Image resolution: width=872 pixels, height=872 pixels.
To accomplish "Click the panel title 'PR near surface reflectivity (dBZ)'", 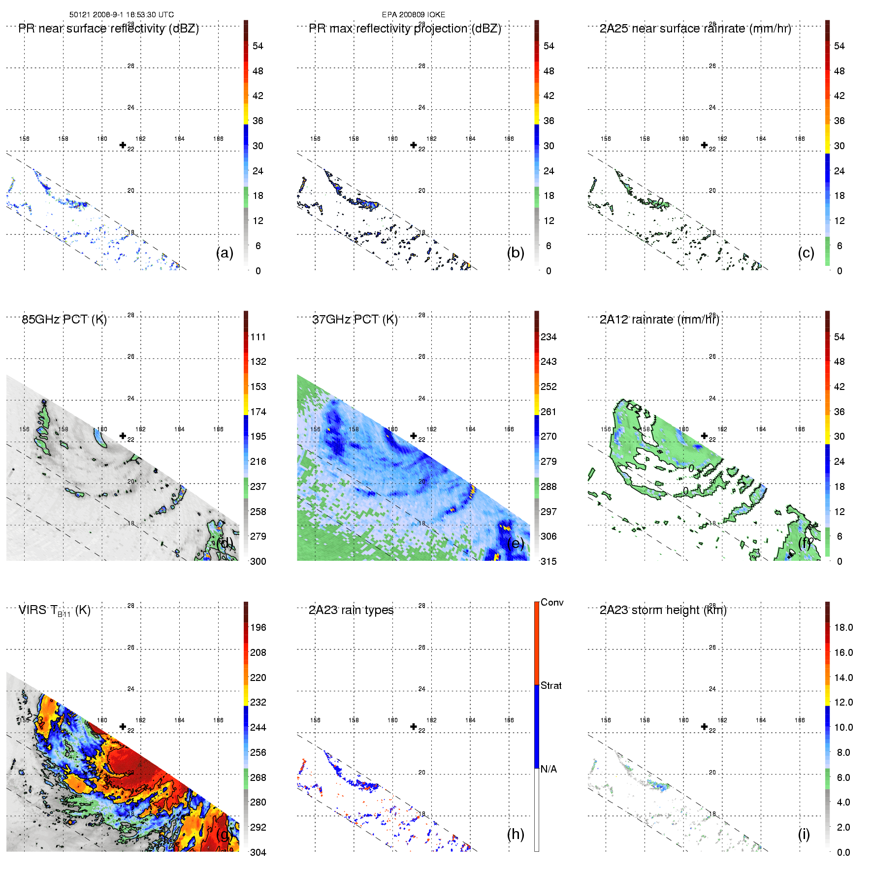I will tap(108, 29).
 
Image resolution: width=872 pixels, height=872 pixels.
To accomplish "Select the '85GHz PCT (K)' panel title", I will tap(64, 320).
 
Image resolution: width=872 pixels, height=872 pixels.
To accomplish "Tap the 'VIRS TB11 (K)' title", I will tap(54, 611).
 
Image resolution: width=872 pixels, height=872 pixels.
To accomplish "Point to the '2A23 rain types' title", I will tap(351, 611).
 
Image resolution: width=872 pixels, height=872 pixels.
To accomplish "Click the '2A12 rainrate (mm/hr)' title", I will tap(659, 320).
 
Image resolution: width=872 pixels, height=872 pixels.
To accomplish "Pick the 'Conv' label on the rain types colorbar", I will tap(552, 603).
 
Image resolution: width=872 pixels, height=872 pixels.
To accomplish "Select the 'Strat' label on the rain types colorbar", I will tap(551, 686).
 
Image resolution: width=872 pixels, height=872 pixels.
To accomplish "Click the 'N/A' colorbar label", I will tap(549, 769).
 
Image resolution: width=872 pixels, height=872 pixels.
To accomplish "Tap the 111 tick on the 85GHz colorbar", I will tap(258, 337).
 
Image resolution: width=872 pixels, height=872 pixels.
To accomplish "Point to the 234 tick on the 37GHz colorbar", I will tap(549, 337).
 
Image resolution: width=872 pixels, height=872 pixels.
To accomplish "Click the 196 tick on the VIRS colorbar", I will tap(258, 628).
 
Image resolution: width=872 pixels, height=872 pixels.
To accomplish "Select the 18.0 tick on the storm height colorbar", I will tap(843, 628).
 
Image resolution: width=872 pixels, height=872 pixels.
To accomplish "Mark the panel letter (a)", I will tap(225, 253).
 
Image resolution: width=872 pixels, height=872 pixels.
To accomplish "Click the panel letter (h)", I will tap(516, 834).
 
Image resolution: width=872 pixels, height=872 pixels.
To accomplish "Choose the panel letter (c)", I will tap(806, 253).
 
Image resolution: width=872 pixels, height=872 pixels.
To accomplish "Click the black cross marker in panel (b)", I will tap(414, 145).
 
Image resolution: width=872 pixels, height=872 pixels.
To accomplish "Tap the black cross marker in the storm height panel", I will tap(704, 727).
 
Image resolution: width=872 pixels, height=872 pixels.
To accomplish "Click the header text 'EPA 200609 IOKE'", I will tap(414, 15).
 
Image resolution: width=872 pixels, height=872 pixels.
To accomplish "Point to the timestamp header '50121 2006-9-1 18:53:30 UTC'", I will tap(122, 15).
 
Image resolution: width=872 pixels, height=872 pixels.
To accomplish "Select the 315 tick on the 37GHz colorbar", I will tap(549, 562).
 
